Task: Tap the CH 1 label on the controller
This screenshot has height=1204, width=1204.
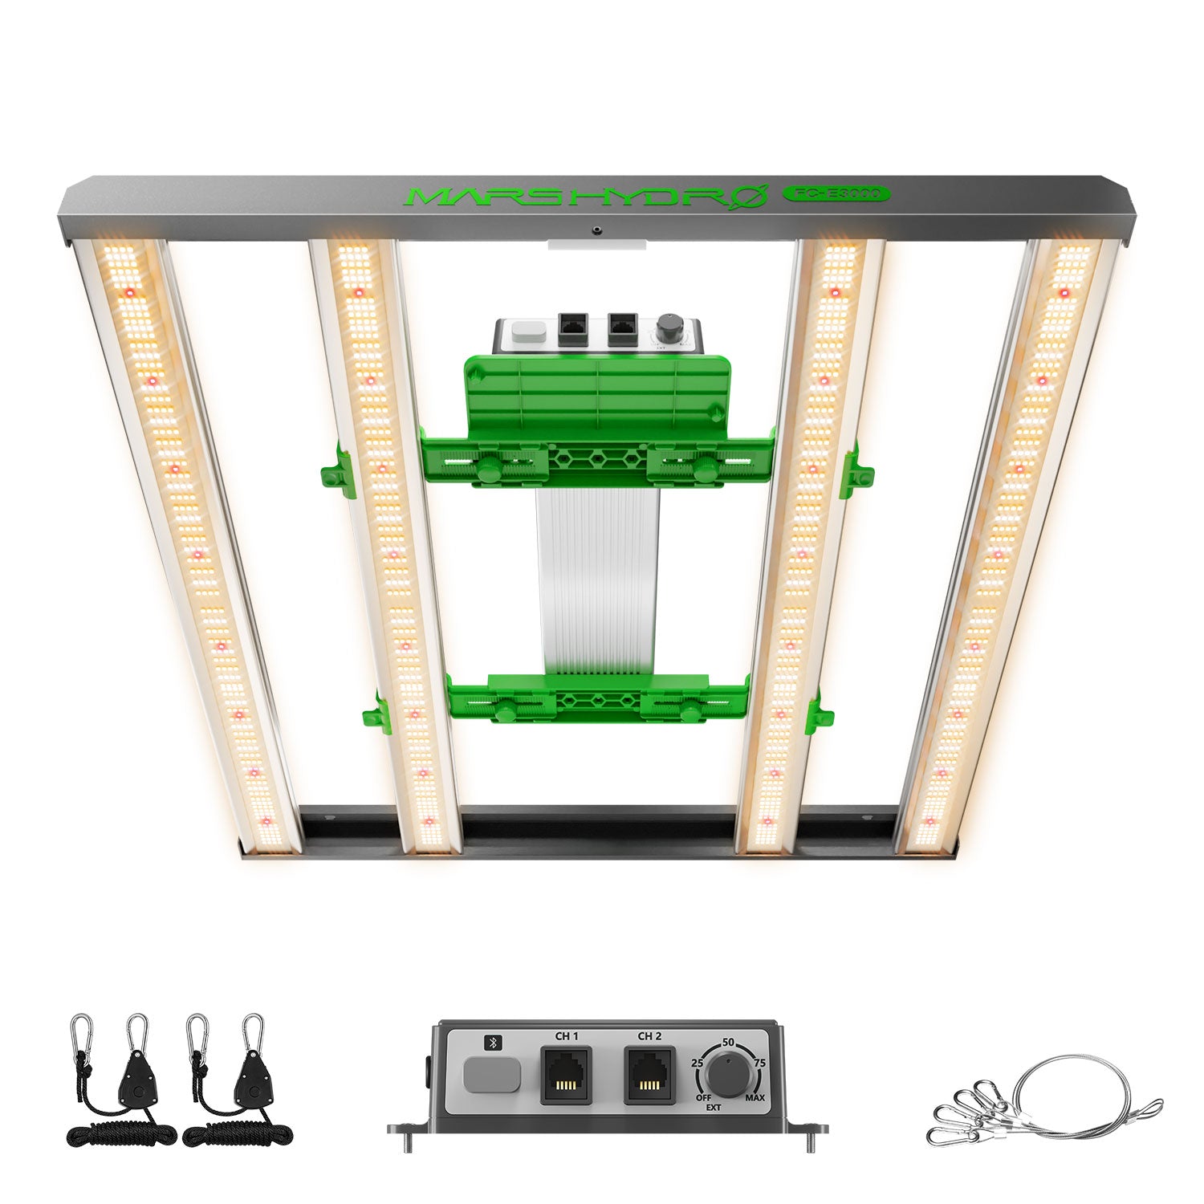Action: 567,1036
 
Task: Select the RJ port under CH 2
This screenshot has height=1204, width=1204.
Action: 649,1076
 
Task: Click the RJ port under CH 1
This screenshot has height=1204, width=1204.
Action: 566,1076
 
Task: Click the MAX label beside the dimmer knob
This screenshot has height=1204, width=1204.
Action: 755,1097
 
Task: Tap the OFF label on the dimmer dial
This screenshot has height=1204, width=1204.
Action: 703,1097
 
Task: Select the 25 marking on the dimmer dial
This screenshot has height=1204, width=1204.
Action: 698,1063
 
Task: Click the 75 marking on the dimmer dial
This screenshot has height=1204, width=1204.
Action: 759,1063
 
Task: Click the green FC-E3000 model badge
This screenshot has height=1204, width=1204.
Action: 836,193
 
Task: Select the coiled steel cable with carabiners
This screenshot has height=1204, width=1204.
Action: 1043,1100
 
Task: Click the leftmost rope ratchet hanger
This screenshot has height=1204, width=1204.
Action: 120,1084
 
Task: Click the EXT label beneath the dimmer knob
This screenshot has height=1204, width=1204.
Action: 713,1108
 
